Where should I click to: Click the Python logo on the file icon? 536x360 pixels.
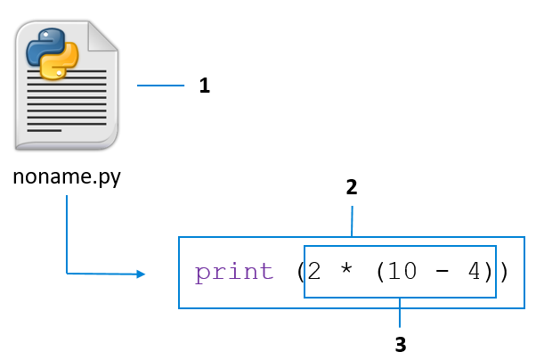tap(52, 54)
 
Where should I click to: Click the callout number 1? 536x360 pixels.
tap(204, 86)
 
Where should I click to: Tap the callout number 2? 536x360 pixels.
tap(352, 187)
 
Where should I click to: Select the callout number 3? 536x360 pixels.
tap(400, 342)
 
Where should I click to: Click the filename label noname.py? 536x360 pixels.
tap(67, 176)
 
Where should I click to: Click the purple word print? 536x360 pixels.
tap(234, 272)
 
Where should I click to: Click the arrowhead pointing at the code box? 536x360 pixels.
tap(140, 274)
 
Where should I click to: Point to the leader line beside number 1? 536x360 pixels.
tap(159, 86)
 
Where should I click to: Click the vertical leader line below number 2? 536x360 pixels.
tap(352, 221)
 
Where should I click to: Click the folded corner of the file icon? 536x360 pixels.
tap(104, 35)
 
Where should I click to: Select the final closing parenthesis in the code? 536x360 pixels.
tap(503, 272)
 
